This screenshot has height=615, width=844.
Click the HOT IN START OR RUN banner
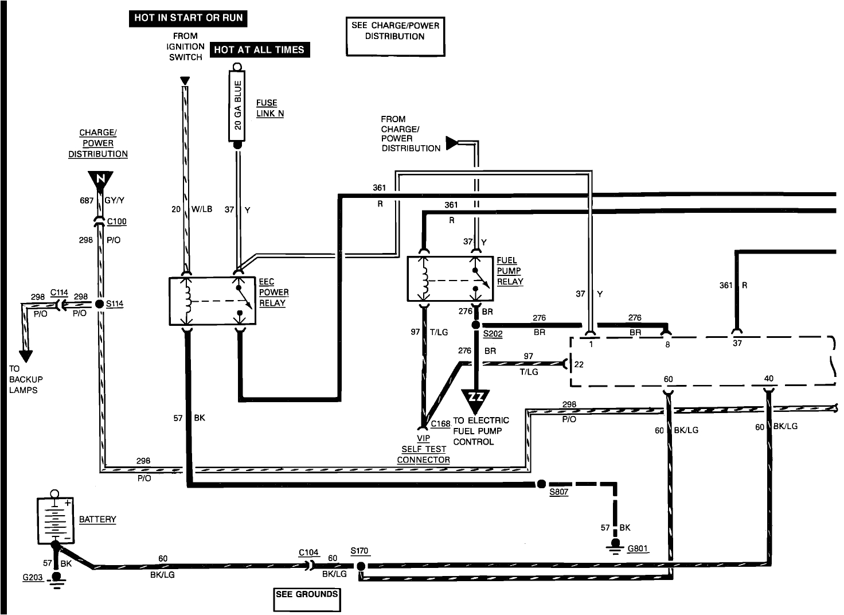click(x=188, y=18)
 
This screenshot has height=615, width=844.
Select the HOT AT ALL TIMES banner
click(x=259, y=50)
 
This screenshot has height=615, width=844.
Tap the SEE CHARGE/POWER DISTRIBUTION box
click(x=395, y=37)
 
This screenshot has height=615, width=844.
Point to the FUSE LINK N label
click(x=270, y=108)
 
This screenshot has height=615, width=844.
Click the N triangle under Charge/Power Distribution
click(x=100, y=180)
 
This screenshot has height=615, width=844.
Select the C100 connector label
click(x=117, y=221)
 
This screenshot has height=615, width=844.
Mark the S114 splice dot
click(x=100, y=303)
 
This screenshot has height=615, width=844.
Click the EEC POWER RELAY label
click(x=273, y=293)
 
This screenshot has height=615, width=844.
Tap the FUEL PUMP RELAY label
click(x=510, y=271)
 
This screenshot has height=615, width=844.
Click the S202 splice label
click(x=493, y=333)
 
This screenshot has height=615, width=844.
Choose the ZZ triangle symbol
click(x=476, y=398)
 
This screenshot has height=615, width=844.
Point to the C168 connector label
click(x=440, y=424)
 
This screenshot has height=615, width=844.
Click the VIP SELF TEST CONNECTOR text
click(x=424, y=449)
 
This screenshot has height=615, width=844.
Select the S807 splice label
click(x=558, y=492)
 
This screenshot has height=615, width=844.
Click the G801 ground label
click(x=638, y=548)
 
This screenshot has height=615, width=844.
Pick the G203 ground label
click(x=33, y=577)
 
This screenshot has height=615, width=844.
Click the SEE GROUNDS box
click(x=307, y=599)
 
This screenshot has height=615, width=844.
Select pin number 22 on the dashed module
click(x=579, y=365)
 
